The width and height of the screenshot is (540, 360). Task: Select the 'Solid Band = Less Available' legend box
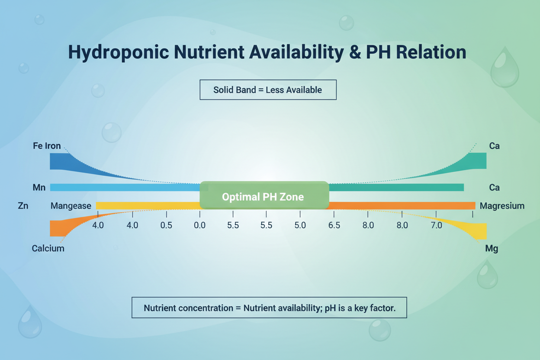268,90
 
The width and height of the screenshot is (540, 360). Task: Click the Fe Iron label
47,146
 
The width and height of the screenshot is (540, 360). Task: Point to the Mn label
39,187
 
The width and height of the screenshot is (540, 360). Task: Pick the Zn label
23,206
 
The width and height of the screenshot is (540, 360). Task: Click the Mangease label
71,206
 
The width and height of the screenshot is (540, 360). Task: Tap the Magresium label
502,206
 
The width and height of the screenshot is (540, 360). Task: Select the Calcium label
48,248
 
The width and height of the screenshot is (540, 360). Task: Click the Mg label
492,249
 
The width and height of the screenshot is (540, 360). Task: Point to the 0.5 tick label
166,225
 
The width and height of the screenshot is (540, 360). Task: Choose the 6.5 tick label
334,225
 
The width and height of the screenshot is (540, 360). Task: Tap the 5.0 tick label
300,225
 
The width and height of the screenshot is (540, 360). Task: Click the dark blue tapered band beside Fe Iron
65,162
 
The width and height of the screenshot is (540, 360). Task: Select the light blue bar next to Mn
125,187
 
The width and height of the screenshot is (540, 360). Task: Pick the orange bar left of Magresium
402,206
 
